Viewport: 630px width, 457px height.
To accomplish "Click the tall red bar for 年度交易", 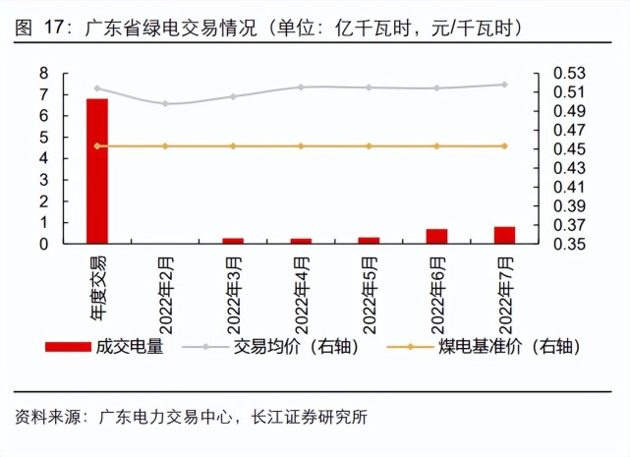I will point(96,170).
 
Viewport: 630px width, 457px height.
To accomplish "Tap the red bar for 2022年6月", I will point(436,236).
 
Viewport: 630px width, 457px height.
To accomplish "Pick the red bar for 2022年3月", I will point(233,240).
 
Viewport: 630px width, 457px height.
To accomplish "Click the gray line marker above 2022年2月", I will point(165,103).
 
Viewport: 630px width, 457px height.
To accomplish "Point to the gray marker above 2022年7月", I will point(504,85).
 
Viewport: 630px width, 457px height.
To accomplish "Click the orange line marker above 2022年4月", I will point(301,146).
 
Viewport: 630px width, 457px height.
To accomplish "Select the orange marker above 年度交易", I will point(96,146).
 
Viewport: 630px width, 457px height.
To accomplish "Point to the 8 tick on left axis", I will point(44,74).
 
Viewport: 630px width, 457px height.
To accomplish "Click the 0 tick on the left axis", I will point(44,244).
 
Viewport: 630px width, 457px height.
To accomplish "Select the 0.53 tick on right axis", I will point(569,74).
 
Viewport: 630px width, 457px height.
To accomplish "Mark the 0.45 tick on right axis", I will point(569,149).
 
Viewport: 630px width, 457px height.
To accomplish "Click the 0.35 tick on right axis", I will point(569,244).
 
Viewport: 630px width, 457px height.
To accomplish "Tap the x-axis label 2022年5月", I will point(370,290).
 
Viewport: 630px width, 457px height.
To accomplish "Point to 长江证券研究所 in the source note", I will point(310,417).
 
